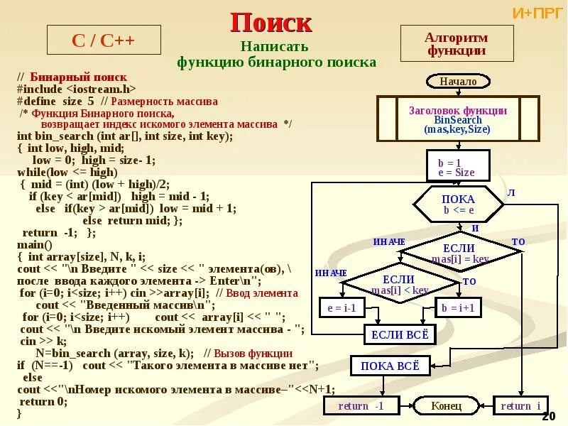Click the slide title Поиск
[271, 23]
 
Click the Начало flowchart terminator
[457, 82]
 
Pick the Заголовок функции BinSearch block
[457, 120]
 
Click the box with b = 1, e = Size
[457, 168]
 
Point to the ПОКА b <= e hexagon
[459, 204]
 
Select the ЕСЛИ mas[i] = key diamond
[459, 253]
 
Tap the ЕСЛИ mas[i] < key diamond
[399, 285]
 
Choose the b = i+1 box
[457, 308]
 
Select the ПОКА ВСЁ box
[386, 366]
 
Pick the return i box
[520, 406]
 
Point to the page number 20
[548, 415]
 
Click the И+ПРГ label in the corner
[537, 13]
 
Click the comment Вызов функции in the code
[248, 353]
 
